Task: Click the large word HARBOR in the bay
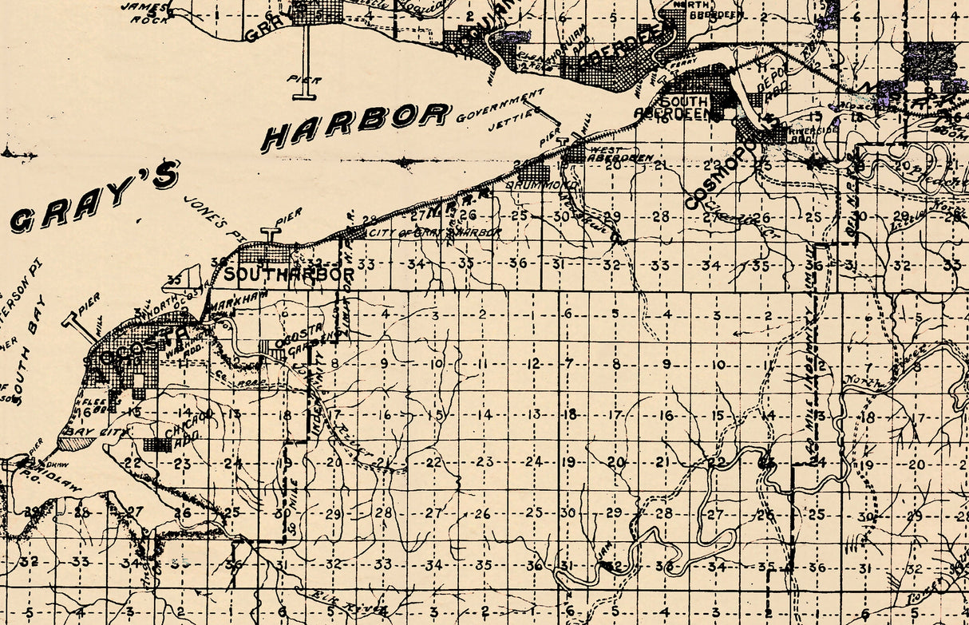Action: pos(356,125)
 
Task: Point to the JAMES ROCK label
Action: pos(144,11)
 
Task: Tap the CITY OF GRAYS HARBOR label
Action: pos(434,232)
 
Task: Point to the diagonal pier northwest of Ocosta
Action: pos(82,329)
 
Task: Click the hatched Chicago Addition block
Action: pos(157,445)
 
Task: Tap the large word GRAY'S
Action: pos(96,200)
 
